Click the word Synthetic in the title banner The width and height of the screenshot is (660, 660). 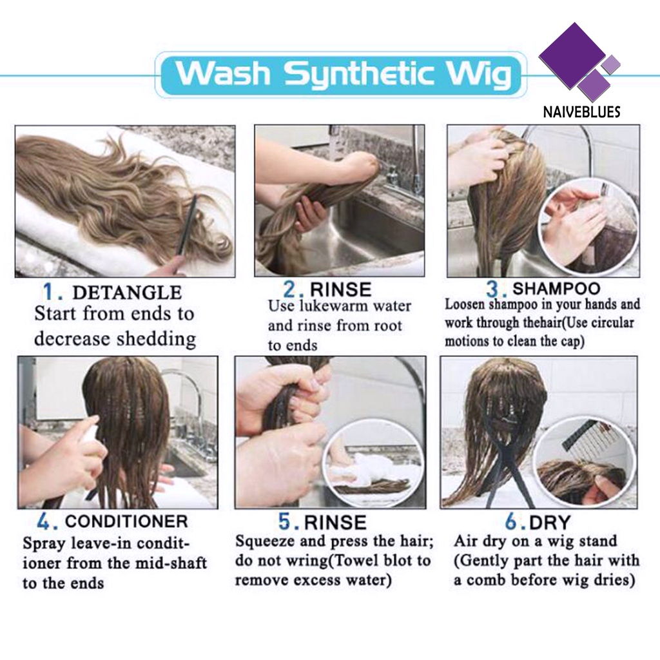tap(359, 74)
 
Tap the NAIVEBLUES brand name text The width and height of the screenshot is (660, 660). tap(581, 112)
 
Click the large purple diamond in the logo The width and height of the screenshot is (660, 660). tap(572, 55)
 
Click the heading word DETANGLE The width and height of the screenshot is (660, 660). tap(127, 293)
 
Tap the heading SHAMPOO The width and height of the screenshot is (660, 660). tap(556, 288)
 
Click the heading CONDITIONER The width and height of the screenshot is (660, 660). tap(126, 521)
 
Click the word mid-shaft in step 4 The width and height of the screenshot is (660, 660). tap(166, 563)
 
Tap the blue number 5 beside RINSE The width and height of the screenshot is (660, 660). tap(285, 521)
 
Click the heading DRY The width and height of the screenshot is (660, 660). tap(550, 522)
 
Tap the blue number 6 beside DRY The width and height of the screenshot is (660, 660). tap(511, 522)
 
